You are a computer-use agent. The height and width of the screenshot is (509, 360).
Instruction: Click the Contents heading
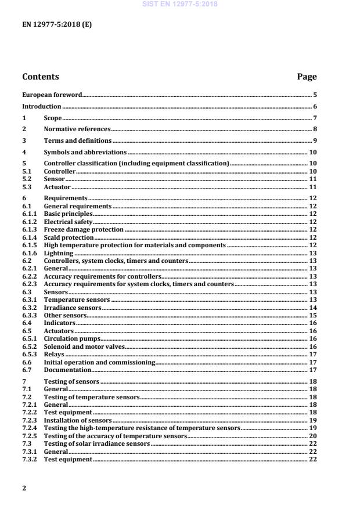coord(40,77)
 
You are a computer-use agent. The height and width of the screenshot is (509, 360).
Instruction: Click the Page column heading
coord(307,77)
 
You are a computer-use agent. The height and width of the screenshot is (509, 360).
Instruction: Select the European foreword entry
coord(52,94)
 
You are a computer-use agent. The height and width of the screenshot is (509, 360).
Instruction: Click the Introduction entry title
coord(41,106)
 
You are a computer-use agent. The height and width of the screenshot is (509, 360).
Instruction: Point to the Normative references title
coord(77,129)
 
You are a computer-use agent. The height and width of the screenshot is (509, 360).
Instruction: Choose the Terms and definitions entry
coord(78,140)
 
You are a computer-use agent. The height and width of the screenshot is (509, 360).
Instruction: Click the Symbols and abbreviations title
coord(85,152)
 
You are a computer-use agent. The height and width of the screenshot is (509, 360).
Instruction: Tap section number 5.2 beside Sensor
coord(27,179)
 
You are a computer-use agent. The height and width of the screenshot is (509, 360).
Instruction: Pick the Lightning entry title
coord(59,253)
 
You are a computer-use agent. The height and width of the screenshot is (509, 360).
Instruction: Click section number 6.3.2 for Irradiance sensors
coord(30,308)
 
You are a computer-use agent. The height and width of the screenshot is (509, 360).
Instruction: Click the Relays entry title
coord(55,354)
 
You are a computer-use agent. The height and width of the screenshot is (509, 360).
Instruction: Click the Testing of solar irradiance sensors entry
coord(97,443)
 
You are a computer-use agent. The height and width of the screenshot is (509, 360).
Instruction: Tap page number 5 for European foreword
coord(315,94)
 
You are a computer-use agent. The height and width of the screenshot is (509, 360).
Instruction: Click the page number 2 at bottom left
coord(24,488)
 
